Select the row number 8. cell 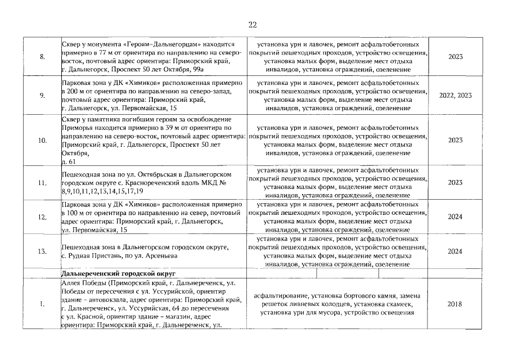coord(42,57)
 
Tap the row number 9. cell coord(42,95)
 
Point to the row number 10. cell coord(42,140)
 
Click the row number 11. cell coord(42,182)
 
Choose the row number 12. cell coord(42,217)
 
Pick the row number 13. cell coord(42,251)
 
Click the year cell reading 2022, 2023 coord(455,95)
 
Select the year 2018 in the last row coord(455,304)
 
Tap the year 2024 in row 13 coord(455,251)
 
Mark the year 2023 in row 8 coord(455,57)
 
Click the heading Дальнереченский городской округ coord(110,273)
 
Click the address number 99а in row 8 coord(195,69)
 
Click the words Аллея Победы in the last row coord(83,282)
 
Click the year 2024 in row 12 coord(455,217)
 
